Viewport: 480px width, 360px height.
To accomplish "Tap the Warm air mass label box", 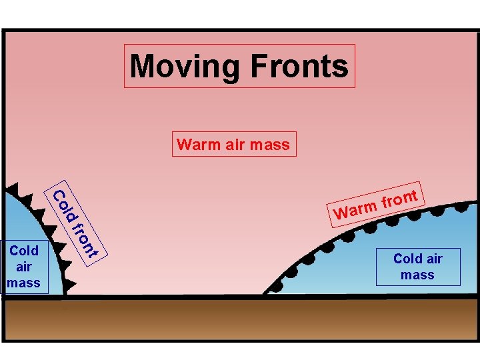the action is tap(233, 144).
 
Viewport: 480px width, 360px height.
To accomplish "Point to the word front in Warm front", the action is tap(400, 199).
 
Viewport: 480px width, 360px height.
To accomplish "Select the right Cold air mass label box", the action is tap(417, 267).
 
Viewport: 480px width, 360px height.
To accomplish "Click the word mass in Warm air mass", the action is tap(274, 144).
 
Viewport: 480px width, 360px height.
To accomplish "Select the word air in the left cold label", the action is tap(24, 267).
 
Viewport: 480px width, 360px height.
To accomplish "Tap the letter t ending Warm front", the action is tap(415, 195).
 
